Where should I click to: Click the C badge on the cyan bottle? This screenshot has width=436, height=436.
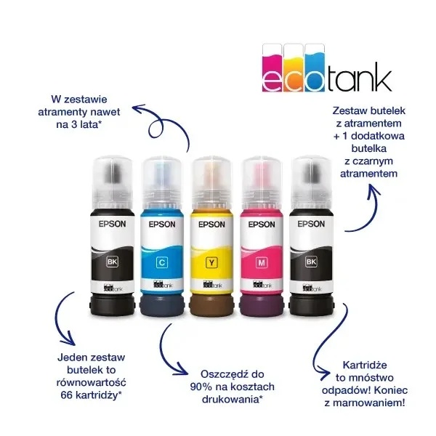tap(162, 262)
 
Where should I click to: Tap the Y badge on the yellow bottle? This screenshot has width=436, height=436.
tap(212, 262)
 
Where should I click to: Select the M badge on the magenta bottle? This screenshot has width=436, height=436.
tap(262, 262)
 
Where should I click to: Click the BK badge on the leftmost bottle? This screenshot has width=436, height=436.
tap(113, 262)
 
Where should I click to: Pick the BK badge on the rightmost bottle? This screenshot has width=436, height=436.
tap(311, 262)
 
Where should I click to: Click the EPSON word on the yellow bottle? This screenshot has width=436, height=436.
tap(211, 225)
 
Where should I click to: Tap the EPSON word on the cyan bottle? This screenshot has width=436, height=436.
tap(162, 225)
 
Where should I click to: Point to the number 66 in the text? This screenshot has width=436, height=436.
tap(67, 395)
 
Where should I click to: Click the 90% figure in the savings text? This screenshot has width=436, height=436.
tap(200, 387)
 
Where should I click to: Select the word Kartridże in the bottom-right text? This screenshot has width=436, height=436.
tap(365, 365)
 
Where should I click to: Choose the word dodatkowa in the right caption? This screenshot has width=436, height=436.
tap(378, 136)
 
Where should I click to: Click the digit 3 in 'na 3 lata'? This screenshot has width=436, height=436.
tap(74, 124)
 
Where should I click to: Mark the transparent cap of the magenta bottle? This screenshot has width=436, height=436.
tap(262, 182)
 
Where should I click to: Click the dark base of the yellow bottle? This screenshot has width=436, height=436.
tap(212, 305)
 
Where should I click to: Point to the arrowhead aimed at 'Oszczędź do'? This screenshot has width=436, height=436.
tap(180, 370)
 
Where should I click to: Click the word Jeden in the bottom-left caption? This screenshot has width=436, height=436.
tap(71, 357)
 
